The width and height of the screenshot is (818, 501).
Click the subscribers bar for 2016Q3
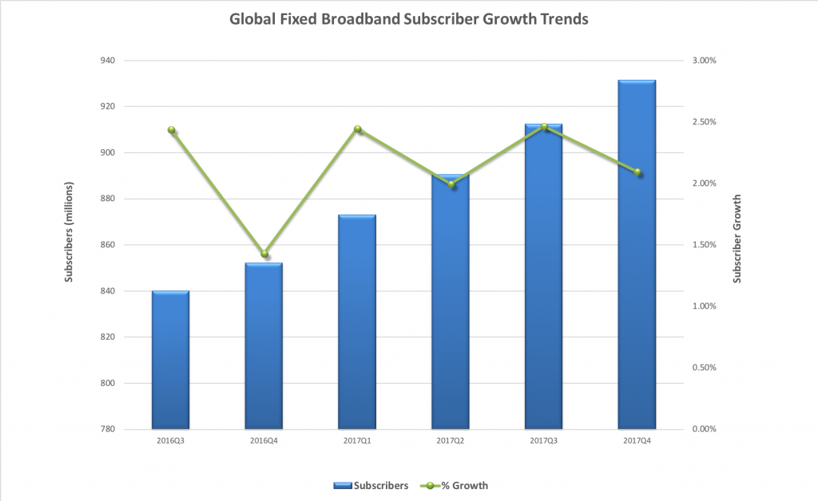point(171,360)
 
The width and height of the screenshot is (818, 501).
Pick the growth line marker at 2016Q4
point(264,254)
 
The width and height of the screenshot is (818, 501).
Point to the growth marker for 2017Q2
point(451,184)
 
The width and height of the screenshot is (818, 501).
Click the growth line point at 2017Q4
point(637,172)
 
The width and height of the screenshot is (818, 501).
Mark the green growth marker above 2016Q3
point(171,130)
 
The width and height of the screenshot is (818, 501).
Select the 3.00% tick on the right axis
point(702,61)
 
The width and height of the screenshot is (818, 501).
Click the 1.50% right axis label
point(702,245)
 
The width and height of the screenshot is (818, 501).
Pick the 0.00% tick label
point(702,429)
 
